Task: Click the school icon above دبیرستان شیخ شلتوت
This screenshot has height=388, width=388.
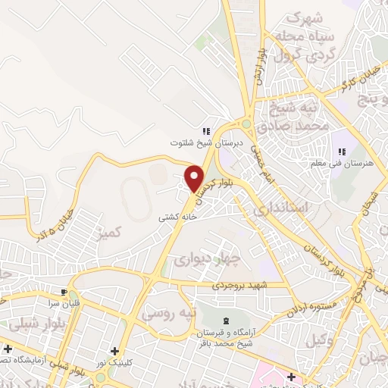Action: (x=206, y=131)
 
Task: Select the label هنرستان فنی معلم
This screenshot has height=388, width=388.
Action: (x=335, y=162)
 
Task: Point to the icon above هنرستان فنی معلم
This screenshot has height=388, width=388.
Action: (x=340, y=151)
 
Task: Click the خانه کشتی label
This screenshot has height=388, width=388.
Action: (x=177, y=216)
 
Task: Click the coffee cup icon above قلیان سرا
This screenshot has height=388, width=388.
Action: (x=64, y=291)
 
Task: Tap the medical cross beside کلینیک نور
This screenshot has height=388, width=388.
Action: (x=114, y=351)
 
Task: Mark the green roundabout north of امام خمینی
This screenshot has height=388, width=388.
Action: (x=246, y=124)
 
